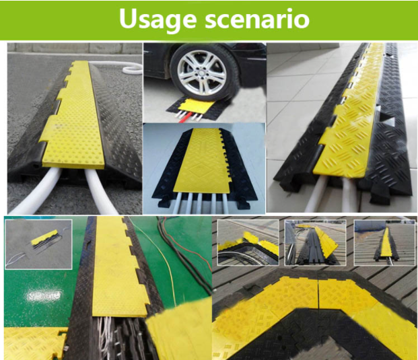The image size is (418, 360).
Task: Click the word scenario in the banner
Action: [257, 18]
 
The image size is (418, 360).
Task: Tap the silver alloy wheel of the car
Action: [202, 71]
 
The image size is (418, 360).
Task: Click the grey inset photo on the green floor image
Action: [38, 244]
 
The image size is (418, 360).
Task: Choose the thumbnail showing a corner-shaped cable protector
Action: [248, 243]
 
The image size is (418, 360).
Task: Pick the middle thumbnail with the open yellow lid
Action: [316, 243]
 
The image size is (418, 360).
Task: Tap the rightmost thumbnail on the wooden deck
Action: [384, 243]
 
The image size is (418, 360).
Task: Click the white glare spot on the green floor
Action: [45, 295]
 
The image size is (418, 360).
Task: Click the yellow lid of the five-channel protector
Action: [200, 161]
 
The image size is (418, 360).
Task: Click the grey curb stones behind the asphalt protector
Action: [75, 48]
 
